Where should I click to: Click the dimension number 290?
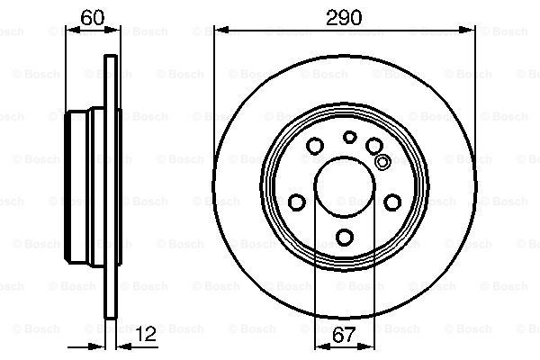(344, 16)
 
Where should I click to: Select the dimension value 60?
(88, 16)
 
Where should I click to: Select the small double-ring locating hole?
(382, 162)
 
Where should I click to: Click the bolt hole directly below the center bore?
(346, 238)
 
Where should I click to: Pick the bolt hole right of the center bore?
(393, 202)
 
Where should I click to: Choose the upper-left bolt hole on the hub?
(315, 146)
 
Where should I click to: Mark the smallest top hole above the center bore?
(350, 137)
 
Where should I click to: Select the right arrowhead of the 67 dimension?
(372, 348)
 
